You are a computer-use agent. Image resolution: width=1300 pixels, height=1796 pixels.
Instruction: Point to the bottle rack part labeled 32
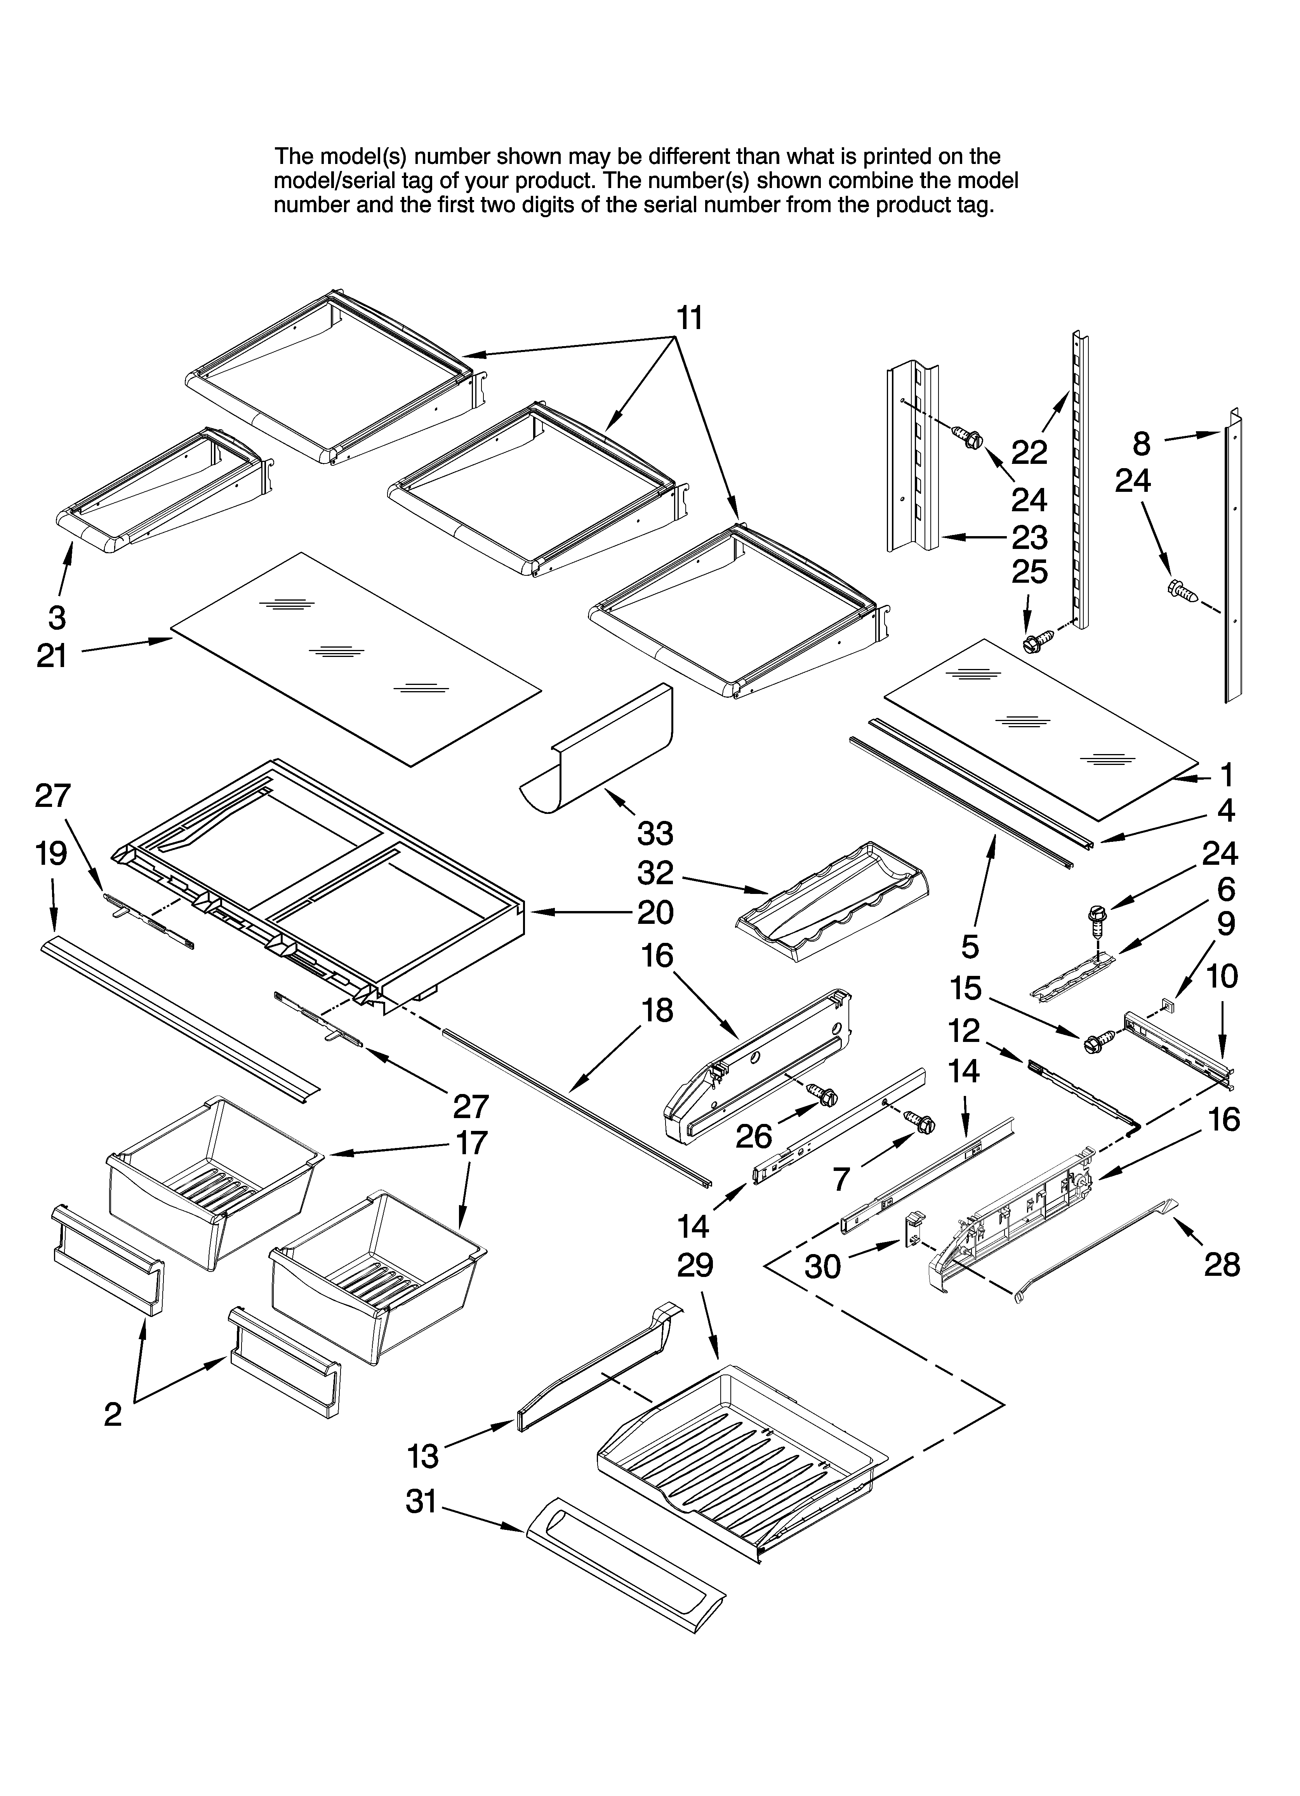pos(831,903)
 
